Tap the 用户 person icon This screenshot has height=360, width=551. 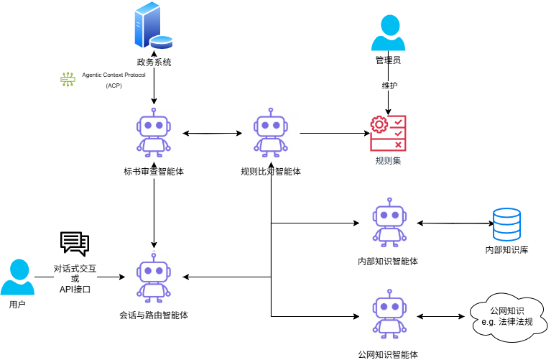coord(17,277)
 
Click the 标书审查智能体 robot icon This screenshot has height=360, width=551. coord(154,132)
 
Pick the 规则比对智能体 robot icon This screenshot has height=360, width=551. coord(270,132)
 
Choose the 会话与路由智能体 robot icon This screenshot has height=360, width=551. coord(154,276)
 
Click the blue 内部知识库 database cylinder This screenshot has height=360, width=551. coord(507,224)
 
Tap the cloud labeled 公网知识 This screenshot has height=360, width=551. coord(506,315)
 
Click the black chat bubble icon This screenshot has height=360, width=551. coord(75,244)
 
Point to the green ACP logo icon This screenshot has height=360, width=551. coord(68,80)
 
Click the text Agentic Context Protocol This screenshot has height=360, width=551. coord(114,75)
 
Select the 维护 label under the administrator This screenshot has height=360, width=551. coord(389,86)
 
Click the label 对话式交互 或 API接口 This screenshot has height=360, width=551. coord(75,279)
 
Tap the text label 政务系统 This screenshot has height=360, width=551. coord(154,63)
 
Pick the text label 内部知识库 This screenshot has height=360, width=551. coord(507,251)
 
